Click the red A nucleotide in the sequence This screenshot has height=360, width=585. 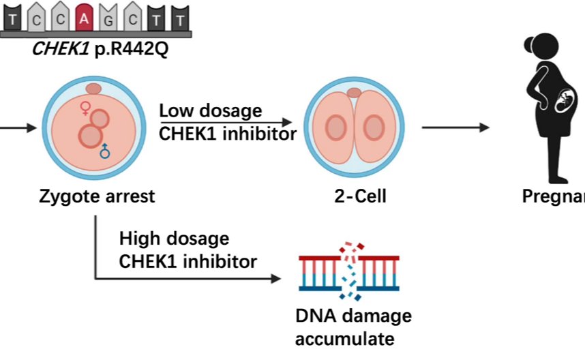[85, 20]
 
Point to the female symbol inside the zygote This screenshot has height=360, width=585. [85, 107]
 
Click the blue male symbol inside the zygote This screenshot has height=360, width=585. [105, 151]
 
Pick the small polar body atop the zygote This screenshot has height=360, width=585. [93, 89]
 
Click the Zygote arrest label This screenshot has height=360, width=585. [97, 198]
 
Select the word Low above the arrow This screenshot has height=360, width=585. [175, 110]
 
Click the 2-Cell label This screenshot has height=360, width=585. [355, 198]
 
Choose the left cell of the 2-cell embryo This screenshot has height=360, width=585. [335, 127]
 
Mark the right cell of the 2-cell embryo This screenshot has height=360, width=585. [374, 127]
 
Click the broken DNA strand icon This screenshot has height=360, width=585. [349, 272]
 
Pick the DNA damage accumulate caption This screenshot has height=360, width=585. [353, 327]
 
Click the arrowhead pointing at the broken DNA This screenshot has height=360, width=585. [275, 278]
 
